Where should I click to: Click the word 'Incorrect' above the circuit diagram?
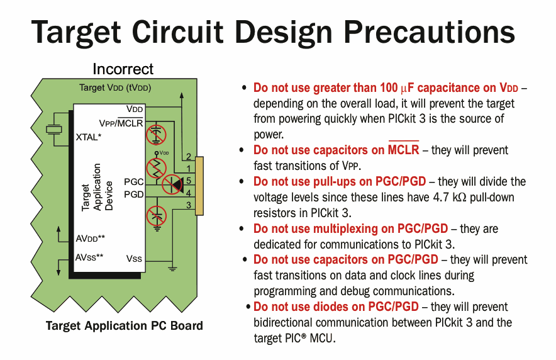tap(123, 69)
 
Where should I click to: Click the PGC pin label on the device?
tap(133, 181)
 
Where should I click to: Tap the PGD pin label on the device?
tap(133, 194)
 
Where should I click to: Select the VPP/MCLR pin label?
tap(121, 122)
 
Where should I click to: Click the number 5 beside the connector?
tap(188, 181)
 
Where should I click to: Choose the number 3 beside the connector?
tap(188, 205)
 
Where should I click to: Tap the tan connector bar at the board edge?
tap(199, 186)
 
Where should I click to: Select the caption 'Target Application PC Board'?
tap(125, 325)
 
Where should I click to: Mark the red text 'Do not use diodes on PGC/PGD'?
tap(336, 307)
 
